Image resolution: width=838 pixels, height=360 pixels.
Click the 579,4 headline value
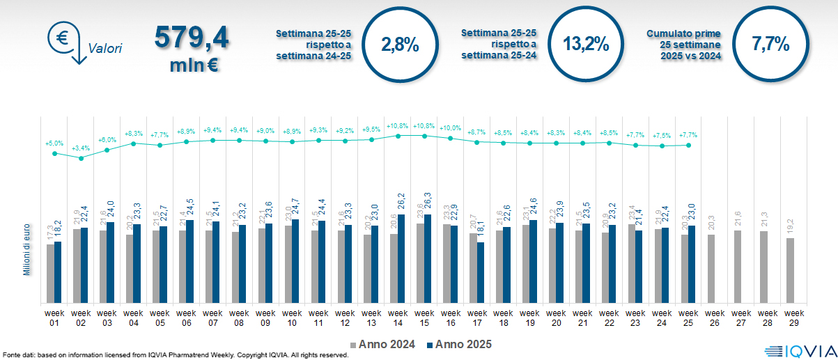(x=192, y=38)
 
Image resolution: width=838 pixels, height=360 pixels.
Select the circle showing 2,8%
(x=400, y=45)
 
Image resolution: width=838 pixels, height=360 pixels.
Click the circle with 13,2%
(x=585, y=45)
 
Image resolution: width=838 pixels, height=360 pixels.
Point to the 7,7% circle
(x=770, y=45)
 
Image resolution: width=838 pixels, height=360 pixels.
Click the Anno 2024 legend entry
(x=382, y=344)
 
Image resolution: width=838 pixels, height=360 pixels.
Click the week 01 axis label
(x=54, y=318)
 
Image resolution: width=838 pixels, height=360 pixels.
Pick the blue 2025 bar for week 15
(x=427, y=259)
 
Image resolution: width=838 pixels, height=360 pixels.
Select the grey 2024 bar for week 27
(x=737, y=267)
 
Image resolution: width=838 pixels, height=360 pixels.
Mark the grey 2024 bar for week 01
(x=50, y=274)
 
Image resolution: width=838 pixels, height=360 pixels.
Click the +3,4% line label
(x=81, y=148)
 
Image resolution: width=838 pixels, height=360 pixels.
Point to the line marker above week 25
(x=688, y=145)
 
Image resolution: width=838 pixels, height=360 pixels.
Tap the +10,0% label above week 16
(x=450, y=128)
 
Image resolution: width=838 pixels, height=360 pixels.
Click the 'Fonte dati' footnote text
(x=174, y=355)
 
